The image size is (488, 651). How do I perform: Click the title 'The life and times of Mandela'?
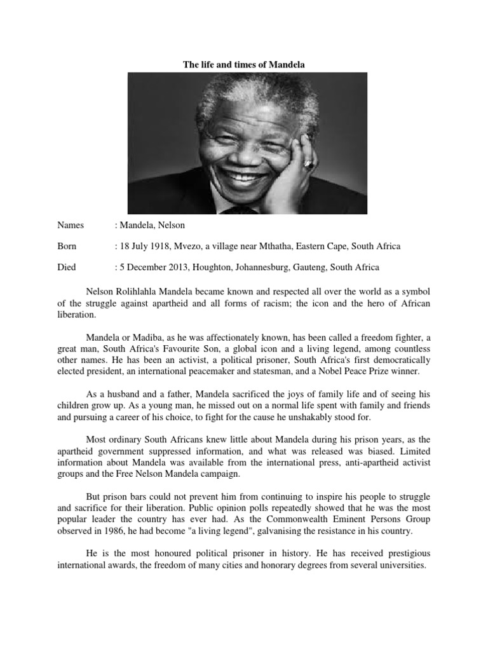coord(244,65)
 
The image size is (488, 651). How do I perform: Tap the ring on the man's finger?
coord(309,164)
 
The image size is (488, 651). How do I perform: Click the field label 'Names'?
coord(71,225)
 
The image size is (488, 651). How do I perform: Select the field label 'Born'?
coord(67,246)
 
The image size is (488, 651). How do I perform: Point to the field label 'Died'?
coord(67,267)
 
